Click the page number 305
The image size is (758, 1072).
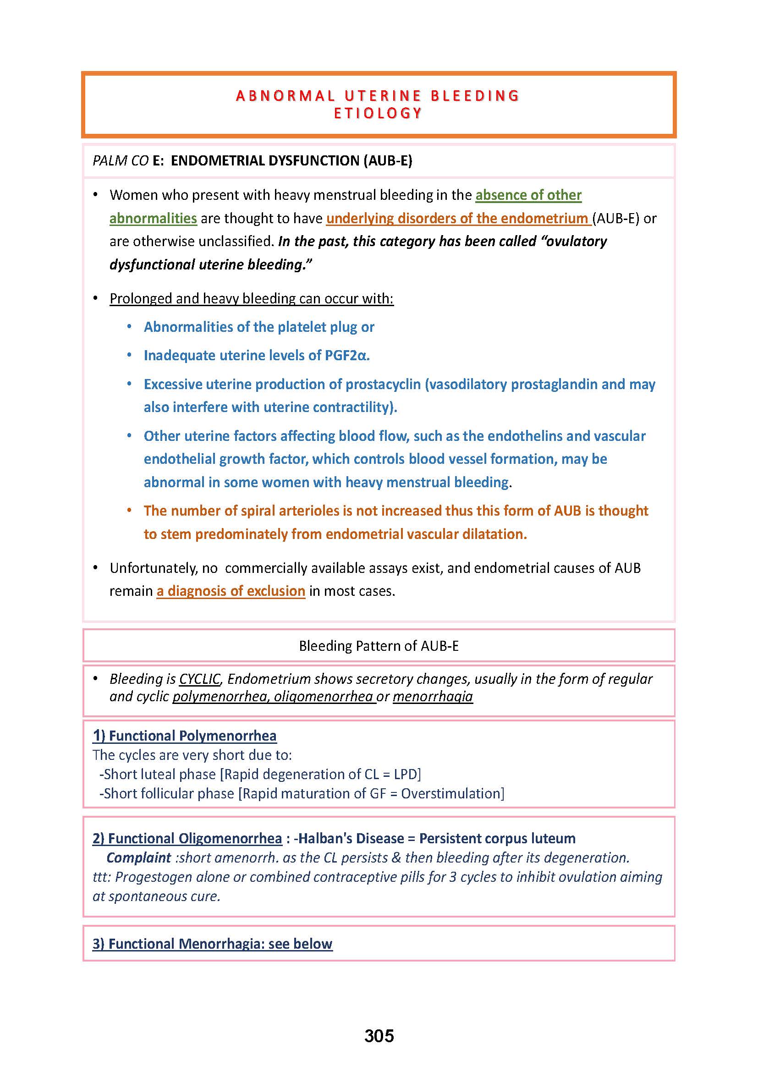click(379, 1036)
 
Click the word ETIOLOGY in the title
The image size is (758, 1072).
click(378, 114)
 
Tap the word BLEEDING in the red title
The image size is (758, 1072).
click(475, 96)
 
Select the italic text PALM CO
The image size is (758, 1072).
click(121, 160)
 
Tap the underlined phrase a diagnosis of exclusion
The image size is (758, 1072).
click(231, 591)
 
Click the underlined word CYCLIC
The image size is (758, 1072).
click(199, 679)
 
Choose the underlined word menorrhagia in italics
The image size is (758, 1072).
click(433, 697)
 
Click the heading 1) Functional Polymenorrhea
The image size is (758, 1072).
click(185, 736)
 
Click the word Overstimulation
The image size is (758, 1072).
click(450, 793)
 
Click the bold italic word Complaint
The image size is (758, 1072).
click(138, 858)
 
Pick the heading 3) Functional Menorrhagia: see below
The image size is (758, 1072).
click(212, 944)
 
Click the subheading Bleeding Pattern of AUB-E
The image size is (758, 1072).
click(379, 646)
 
